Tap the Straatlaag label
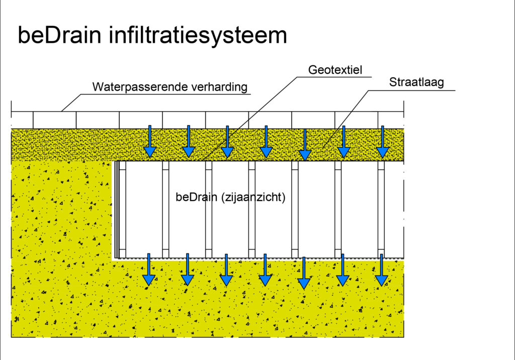pos(416,82)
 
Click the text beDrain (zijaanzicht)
pos(231,198)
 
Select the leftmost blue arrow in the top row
pos(149,142)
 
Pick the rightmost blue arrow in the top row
pos(383,142)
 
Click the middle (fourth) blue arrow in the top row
pos(266,142)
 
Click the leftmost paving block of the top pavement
pos(22,120)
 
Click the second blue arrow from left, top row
pos(189,142)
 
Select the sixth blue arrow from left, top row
pos(344,142)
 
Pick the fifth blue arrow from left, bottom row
pos(304,273)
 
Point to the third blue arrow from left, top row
pos(227,142)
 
